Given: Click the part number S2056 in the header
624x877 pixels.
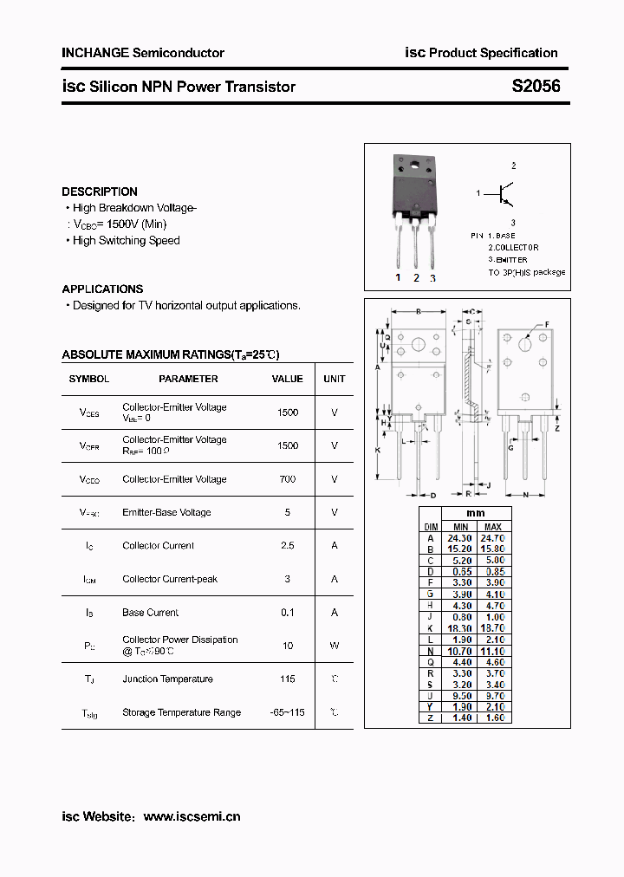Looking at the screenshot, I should point(536,87).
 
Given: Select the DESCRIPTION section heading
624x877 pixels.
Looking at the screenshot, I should point(100,192).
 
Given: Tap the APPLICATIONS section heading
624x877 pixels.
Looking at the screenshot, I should point(102,289).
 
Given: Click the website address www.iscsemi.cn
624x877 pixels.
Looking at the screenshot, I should point(192,816).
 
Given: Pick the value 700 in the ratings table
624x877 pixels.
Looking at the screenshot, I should point(287,478).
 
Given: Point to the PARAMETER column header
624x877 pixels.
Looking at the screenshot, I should point(188,379).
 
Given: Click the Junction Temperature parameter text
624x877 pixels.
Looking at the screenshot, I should point(167,679).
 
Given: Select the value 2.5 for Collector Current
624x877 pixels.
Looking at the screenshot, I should point(287,545).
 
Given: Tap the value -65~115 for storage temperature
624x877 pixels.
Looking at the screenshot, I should point(287,712).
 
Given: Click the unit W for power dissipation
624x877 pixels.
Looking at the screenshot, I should point(334,645).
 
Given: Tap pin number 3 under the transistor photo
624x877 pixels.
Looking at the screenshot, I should point(432,278).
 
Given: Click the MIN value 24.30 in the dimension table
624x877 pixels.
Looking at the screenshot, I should point(460,537).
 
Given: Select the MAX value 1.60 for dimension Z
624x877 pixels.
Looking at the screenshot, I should point(492,718).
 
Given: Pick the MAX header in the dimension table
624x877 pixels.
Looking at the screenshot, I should point(492,526).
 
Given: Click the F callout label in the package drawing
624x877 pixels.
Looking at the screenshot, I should point(546,324).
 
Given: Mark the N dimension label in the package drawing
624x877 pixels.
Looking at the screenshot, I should point(525,496).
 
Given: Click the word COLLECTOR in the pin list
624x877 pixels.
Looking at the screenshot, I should point(518,247).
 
